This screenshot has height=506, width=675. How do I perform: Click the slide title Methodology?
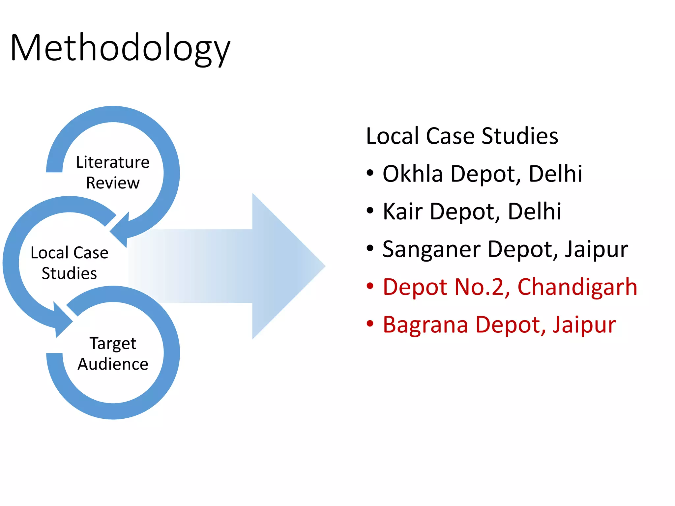click(x=120, y=48)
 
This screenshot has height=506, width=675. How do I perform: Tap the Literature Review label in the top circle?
click(x=113, y=172)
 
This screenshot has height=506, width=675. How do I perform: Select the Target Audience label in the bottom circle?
click(x=113, y=353)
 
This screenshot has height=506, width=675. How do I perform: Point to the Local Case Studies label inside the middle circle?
click(x=69, y=263)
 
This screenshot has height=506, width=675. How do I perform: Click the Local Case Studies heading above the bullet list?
click(x=462, y=136)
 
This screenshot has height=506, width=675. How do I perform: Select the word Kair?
click(x=402, y=211)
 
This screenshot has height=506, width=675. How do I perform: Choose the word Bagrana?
click(x=425, y=324)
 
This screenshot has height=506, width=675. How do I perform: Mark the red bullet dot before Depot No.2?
click(x=370, y=286)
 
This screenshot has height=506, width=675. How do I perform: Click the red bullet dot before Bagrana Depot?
click(x=370, y=324)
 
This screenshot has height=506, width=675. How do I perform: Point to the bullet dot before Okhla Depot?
click(x=370, y=173)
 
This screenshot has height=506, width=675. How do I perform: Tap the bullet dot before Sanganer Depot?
click(x=370, y=248)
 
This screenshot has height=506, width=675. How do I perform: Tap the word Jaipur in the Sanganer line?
click(x=596, y=250)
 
